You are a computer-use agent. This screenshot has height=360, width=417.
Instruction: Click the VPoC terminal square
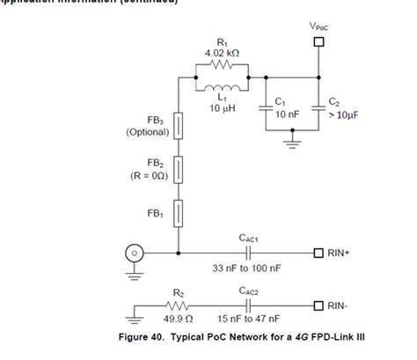point(318,41)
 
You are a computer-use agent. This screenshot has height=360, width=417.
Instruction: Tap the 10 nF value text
point(288,114)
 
